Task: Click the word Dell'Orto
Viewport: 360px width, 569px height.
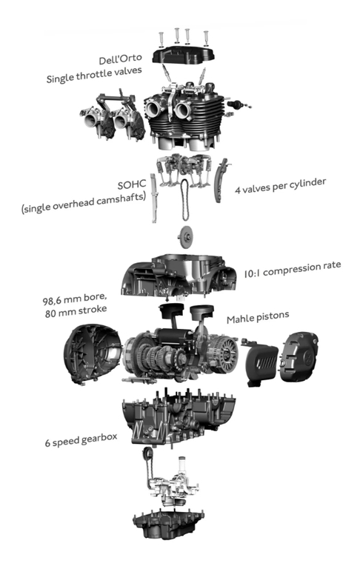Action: click(120, 59)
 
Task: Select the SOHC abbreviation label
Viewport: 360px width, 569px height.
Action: click(132, 184)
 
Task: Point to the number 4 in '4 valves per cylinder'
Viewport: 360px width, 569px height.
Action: click(238, 190)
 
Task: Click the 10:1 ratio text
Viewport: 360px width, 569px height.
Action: click(252, 273)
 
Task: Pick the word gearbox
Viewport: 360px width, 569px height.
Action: click(99, 439)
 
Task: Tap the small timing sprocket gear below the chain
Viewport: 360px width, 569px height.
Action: click(185, 237)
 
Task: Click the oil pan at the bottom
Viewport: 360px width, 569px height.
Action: click(168, 523)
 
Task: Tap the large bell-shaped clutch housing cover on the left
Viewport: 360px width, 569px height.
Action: click(93, 353)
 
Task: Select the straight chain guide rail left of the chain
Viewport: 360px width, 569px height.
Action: click(154, 198)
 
